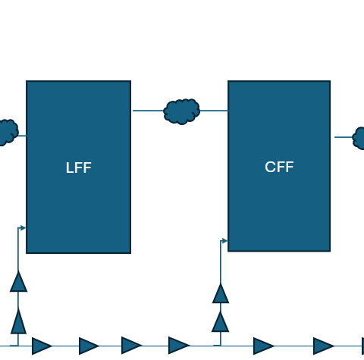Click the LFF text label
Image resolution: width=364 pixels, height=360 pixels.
(79, 167)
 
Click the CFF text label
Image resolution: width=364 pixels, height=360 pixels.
(279, 167)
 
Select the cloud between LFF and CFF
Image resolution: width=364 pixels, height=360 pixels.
(181, 111)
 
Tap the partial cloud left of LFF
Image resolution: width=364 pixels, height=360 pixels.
(8, 133)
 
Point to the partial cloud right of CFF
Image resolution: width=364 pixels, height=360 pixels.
(359, 138)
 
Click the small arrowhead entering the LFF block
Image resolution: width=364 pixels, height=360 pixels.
(23, 228)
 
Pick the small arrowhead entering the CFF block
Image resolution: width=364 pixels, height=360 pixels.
(224, 241)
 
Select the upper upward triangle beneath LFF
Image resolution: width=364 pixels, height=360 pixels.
(18, 281)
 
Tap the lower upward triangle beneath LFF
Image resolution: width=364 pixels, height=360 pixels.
(18, 321)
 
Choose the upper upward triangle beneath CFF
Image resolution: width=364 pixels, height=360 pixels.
(221, 293)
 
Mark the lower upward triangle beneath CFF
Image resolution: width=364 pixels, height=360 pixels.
(221, 321)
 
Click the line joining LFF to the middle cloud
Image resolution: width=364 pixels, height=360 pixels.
(149, 111)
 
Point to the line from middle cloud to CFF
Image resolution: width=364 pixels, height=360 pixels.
(214, 111)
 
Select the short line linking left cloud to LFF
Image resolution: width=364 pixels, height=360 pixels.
(22, 136)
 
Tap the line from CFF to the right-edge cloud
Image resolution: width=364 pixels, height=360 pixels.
(344, 137)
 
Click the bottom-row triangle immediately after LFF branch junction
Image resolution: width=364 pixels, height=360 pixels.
(42, 346)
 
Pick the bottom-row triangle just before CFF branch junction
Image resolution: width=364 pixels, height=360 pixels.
(179, 346)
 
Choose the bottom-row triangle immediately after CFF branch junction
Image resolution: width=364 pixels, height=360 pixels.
(264, 346)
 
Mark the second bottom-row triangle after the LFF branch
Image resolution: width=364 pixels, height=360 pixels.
(89, 346)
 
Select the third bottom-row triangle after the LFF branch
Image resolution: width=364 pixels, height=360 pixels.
(132, 346)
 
